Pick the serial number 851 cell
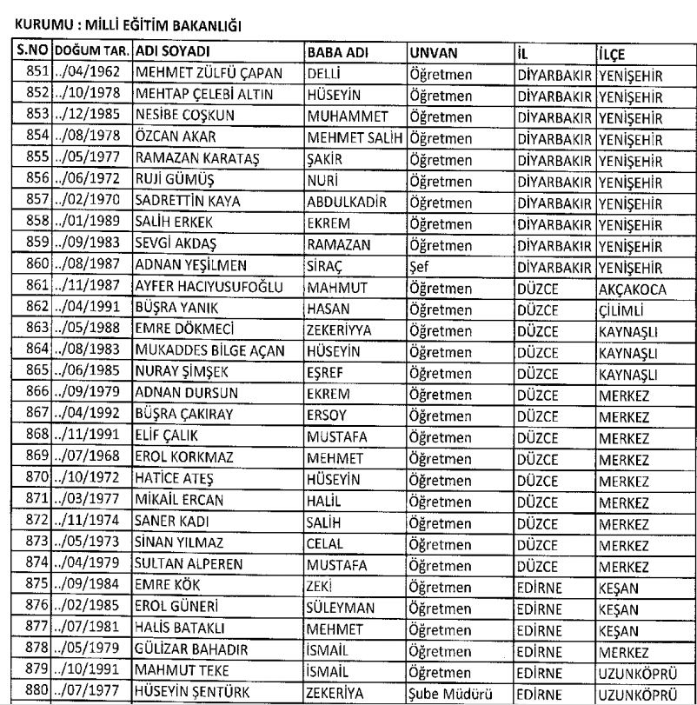[33, 73]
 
